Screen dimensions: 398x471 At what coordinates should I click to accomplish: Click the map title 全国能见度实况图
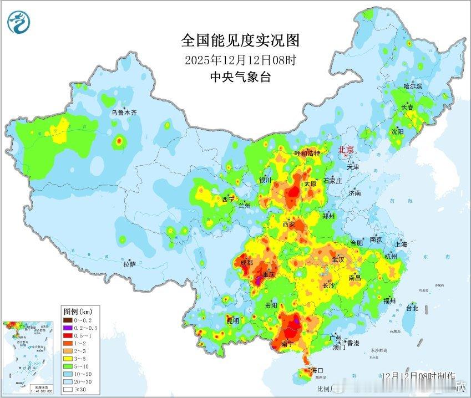pos(240,40)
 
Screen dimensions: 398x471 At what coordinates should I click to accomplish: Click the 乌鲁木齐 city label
pos(123,113)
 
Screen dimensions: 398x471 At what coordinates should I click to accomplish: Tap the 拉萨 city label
pos(129,264)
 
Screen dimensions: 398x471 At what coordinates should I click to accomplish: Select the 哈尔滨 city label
pos(413,86)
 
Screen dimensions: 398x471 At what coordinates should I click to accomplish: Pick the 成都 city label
pos(247,263)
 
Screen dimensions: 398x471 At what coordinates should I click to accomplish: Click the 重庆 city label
pos(269,275)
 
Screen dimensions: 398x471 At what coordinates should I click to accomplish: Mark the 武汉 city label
pos(338,259)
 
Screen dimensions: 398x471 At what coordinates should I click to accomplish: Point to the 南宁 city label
pos(287,344)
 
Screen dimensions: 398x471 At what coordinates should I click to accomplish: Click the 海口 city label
pos(317,370)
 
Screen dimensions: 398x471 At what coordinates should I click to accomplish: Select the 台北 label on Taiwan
pos(412,308)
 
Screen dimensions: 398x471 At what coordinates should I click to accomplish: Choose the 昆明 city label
pos(232,320)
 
